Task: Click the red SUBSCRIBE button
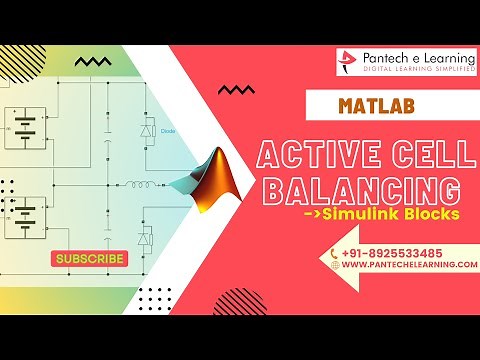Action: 90,259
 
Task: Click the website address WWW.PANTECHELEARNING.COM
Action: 405,265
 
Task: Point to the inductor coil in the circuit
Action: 131,183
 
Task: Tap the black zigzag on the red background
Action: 236,90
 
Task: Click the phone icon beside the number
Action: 335,253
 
